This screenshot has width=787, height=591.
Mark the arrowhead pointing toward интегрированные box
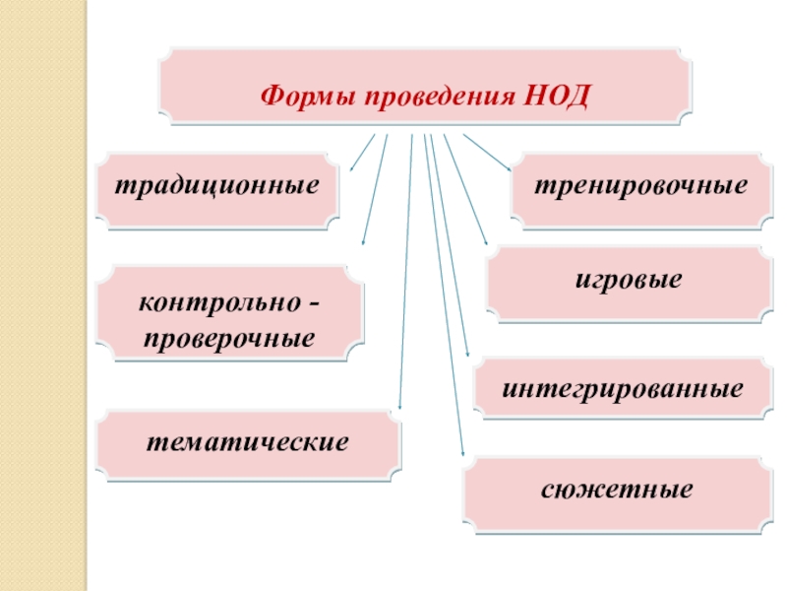coord(468,355)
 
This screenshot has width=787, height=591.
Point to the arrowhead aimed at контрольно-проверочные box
coord(364,242)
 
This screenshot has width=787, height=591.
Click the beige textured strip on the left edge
coord(43,295)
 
